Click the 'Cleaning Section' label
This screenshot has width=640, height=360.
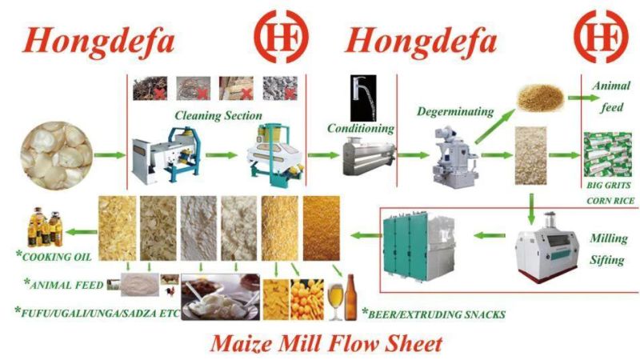218,115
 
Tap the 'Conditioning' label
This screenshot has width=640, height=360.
361,129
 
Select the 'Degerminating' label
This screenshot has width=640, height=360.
455,111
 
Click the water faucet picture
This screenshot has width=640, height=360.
363,98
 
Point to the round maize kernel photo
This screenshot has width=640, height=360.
57,155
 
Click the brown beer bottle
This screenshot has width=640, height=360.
350,298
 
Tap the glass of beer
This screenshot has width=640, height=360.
335,302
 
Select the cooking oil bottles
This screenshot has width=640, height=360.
45,227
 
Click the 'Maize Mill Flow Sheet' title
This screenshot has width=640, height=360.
326,343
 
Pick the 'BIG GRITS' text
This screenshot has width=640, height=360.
609,186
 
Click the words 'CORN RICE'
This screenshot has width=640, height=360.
610,201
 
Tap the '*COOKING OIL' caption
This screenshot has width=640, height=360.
54,256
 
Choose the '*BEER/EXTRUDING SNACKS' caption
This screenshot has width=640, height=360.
434,314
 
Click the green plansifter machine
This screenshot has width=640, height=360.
418,246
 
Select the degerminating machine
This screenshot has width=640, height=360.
454,155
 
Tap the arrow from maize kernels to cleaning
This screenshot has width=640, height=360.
110,155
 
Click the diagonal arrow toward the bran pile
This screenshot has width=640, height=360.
494,127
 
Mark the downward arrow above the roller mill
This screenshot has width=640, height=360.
530,209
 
